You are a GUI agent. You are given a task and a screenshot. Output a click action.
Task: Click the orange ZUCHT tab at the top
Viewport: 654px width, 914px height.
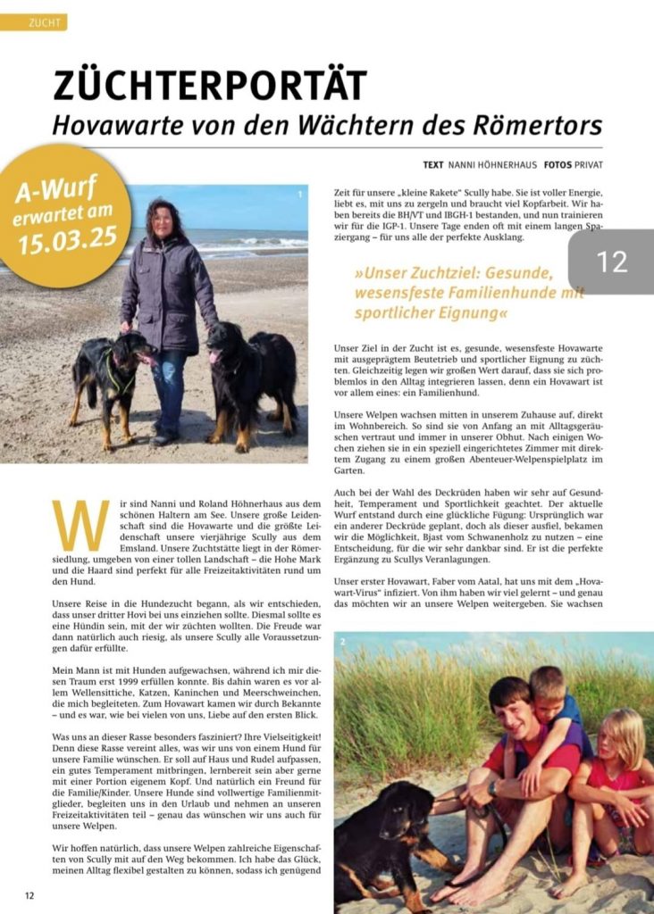(34, 22)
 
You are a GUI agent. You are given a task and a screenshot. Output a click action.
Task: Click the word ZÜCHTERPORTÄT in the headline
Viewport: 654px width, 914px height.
(210, 86)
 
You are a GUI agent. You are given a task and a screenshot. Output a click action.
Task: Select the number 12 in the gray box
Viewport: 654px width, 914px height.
(613, 262)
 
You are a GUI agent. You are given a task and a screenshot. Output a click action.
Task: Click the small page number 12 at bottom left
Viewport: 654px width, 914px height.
(29, 895)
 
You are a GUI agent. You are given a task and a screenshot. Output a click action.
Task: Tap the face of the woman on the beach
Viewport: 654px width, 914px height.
(163, 220)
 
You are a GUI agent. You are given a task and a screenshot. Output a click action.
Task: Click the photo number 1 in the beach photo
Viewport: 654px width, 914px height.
(300, 194)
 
